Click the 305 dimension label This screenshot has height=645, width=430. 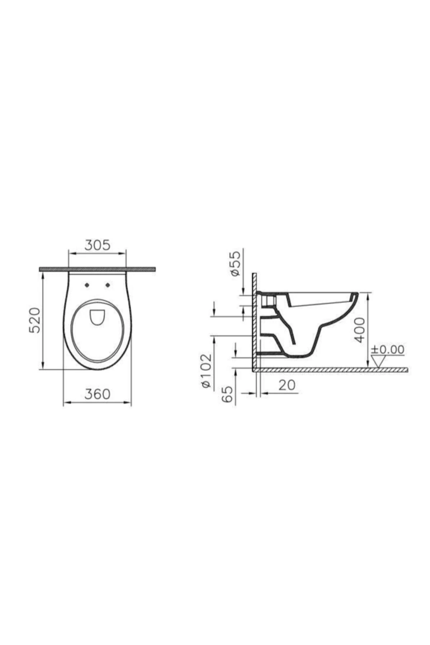pos(97,245)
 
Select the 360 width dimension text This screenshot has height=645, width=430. pos(97,394)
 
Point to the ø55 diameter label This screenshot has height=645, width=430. pos(235,264)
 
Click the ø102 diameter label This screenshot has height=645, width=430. pos(207,371)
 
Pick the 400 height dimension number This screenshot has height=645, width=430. pos(361,330)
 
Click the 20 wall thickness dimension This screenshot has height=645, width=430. pos(287,385)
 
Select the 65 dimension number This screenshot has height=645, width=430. pos(228,394)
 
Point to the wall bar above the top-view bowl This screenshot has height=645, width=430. pos(97,269)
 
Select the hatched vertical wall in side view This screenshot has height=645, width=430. pos(254,322)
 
